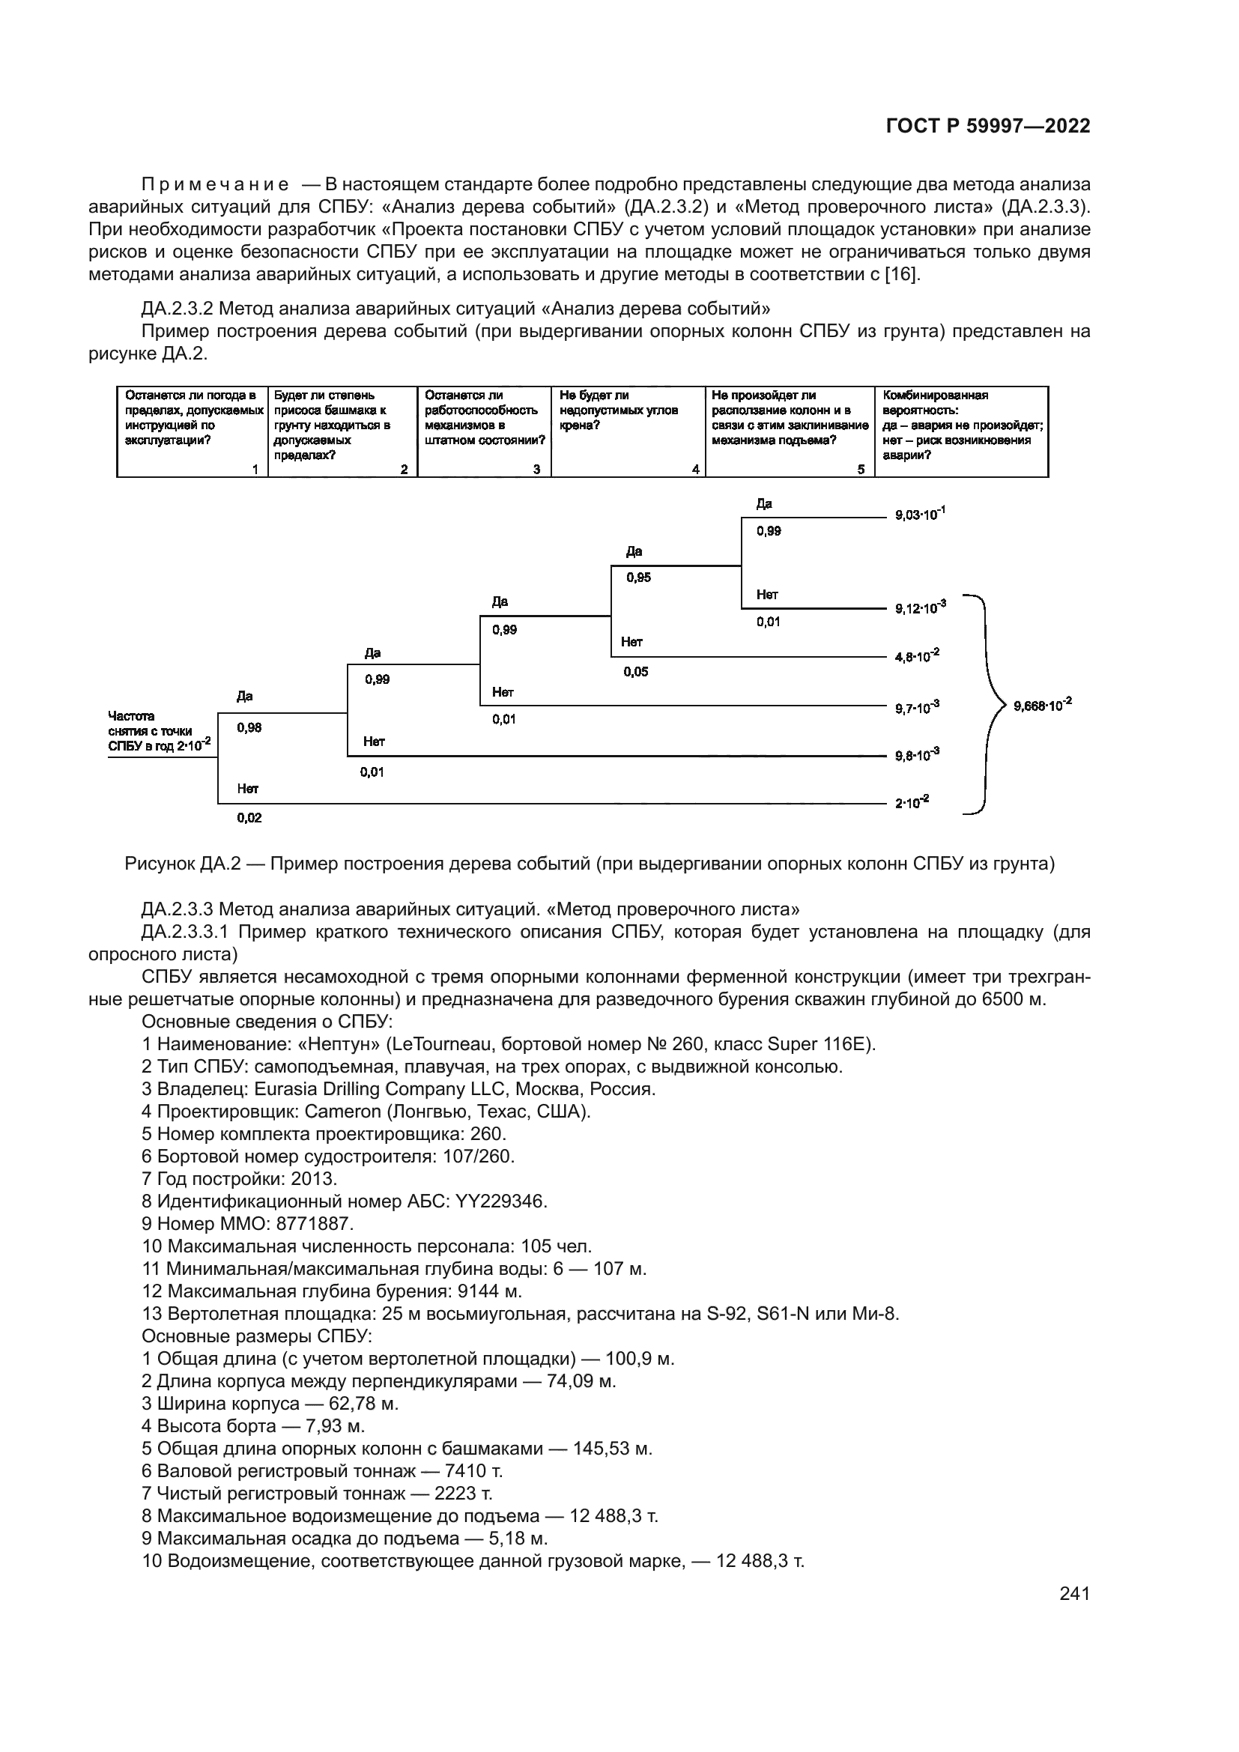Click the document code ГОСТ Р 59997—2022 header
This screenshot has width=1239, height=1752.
coord(987,127)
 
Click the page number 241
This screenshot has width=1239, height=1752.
coord(1074,1593)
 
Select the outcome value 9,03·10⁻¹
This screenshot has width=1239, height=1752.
coord(920,515)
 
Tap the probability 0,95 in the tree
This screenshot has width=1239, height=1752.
coord(638,578)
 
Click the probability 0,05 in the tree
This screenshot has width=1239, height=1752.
coord(635,671)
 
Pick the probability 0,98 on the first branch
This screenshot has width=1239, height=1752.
coord(249,727)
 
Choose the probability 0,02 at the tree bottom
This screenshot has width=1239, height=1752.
coord(249,817)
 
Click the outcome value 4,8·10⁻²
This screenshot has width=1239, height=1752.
coord(917,655)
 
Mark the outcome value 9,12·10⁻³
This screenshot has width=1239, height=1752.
coord(920,607)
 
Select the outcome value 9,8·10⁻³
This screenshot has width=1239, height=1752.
coord(917,755)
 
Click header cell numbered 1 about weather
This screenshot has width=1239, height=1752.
coord(193,432)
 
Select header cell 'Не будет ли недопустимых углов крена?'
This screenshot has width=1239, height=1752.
coord(627,432)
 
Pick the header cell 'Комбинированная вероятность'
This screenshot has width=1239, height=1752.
coord(961,432)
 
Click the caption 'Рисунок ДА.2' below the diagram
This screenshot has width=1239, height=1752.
coord(589,864)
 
